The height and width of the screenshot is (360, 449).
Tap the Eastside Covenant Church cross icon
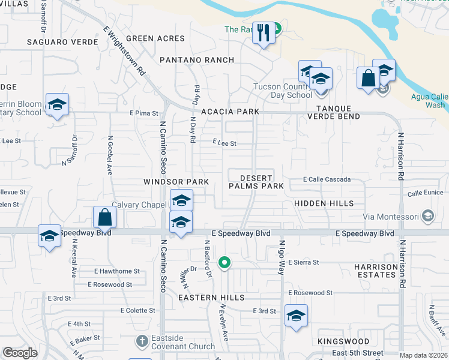[x=142, y=340]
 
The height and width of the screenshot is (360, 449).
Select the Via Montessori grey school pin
[x=428, y=215]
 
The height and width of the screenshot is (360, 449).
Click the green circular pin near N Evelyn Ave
[x=224, y=262]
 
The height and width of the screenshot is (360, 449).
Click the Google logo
[x=20, y=353]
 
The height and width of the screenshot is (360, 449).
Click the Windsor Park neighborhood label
[x=175, y=182]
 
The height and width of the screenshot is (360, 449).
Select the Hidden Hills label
[x=324, y=204]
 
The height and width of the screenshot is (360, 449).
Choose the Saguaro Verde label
[x=62, y=42]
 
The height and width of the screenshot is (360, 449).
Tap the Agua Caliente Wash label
[x=428, y=101]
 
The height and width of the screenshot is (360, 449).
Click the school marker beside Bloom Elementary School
[x=57, y=105]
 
